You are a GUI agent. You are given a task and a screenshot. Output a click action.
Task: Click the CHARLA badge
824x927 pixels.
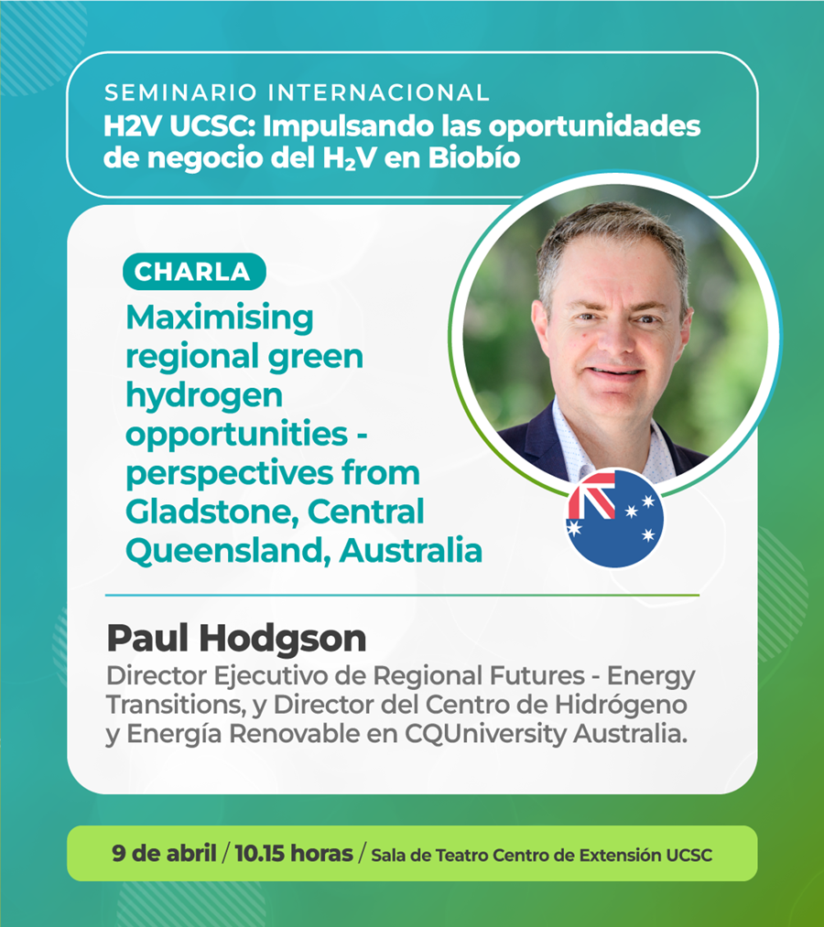pos(194,272)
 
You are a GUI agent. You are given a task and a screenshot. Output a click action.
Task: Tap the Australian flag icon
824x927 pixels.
pos(614,518)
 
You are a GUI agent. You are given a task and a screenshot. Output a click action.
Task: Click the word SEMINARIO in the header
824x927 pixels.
pos(181,92)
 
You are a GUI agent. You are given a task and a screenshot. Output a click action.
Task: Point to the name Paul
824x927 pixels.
pos(148,639)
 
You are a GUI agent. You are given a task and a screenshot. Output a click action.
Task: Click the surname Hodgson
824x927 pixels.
pos(283,639)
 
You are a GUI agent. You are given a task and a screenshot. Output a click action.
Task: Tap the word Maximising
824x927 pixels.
pos(220,318)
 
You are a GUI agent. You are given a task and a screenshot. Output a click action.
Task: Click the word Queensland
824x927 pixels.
pos(228,550)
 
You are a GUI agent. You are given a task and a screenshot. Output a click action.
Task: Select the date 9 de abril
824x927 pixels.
pos(164,853)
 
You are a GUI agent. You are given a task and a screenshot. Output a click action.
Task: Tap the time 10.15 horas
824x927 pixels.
pos(293,853)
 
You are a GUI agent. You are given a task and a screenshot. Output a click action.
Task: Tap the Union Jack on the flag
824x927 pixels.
pos(591,495)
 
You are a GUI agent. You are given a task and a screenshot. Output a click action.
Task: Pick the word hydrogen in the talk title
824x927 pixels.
pos(204,396)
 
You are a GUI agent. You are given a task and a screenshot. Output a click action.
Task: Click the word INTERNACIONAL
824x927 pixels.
pos(379,92)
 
